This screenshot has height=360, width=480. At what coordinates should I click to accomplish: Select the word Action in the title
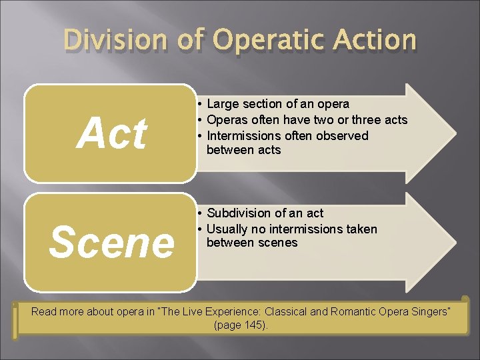click(x=374, y=40)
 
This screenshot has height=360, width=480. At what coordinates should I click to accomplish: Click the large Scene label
click(x=111, y=242)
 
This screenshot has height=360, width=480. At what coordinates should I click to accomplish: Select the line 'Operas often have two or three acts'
click(x=307, y=120)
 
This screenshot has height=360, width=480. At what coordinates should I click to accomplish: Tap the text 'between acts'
click(x=243, y=150)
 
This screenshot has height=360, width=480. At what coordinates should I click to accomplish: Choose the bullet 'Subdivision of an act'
click(x=265, y=213)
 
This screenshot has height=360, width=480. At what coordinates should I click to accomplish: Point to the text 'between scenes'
click(x=252, y=243)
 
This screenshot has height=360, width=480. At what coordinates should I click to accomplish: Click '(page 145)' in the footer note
click(x=240, y=325)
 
